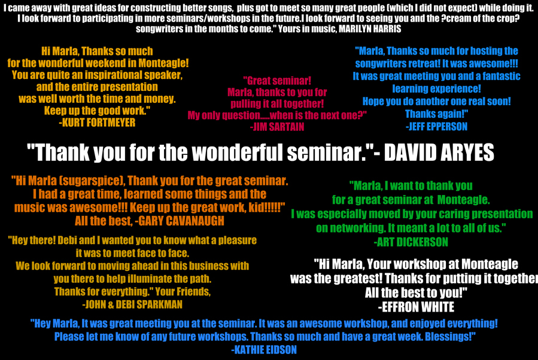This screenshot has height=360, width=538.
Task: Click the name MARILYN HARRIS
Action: (370, 29)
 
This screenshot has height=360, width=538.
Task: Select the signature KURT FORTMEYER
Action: (99, 123)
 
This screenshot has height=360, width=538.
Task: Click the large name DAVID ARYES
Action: (439, 152)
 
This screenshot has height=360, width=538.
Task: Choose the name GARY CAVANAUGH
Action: (181, 221)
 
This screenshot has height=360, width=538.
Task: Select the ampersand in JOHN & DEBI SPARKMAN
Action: (111, 304)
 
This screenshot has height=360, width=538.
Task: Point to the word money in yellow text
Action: (160, 99)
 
